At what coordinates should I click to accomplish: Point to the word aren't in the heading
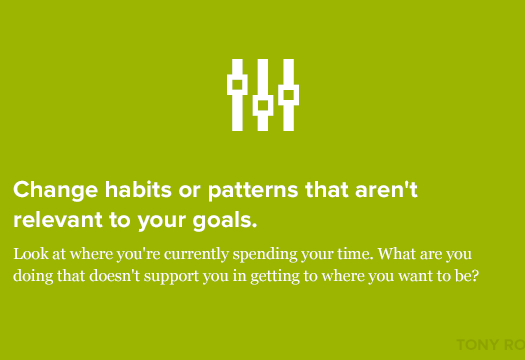coord(409,189)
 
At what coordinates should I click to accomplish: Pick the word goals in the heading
coord(230,218)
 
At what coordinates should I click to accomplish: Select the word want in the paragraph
coord(404,274)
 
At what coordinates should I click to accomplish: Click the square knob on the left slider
coord(237,85)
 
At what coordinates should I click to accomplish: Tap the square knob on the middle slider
coord(263,103)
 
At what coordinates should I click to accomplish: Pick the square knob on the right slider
coord(289,94)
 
